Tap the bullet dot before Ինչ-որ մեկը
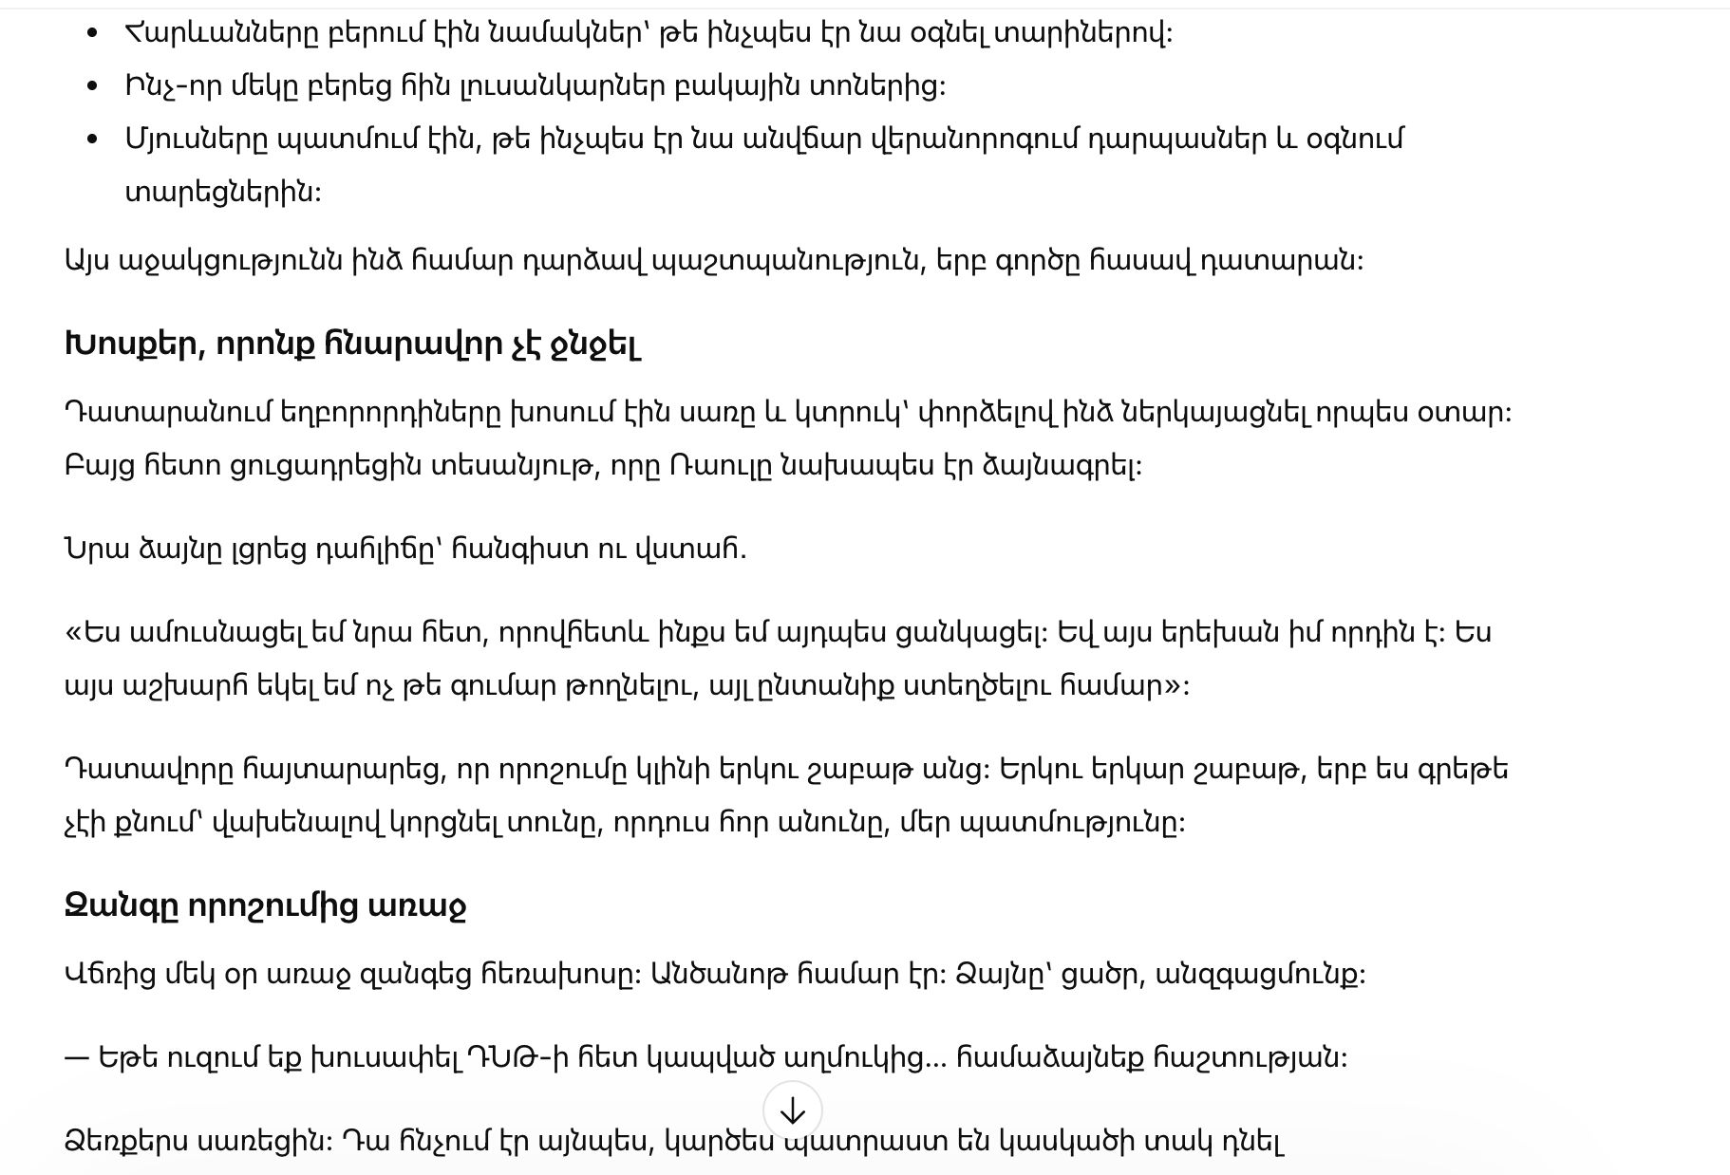[92, 86]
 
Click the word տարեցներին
[222, 193]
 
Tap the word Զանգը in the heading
[121, 906]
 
